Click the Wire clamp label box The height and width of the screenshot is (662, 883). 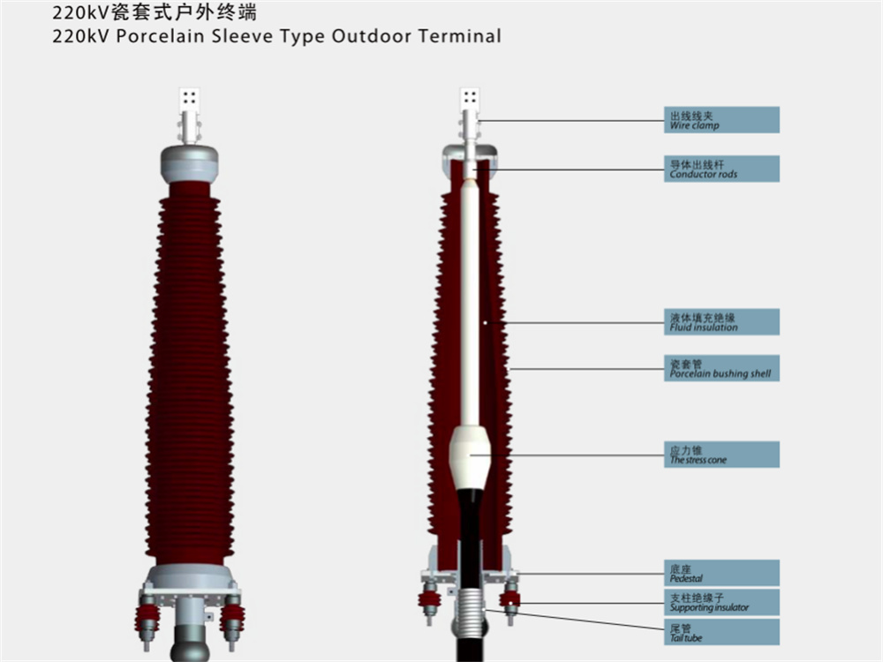point(721,120)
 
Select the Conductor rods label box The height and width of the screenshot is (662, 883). point(721,169)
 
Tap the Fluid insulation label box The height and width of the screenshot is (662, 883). point(721,322)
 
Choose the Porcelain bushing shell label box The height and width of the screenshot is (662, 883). point(721,368)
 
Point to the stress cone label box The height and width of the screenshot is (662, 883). point(721,455)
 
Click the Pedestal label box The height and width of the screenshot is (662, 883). point(721,573)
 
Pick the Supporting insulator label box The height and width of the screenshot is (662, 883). point(721,602)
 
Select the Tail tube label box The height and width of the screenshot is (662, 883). point(721,632)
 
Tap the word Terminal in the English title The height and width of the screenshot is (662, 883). point(460,36)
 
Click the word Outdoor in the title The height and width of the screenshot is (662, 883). point(372,36)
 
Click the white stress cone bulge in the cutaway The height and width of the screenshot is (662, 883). point(470,456)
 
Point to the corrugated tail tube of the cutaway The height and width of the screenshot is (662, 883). point(470,606)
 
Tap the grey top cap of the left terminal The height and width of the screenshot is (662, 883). point(189,164)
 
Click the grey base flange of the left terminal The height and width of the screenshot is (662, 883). point(190,576)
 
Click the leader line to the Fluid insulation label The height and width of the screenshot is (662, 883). point(575,323)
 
